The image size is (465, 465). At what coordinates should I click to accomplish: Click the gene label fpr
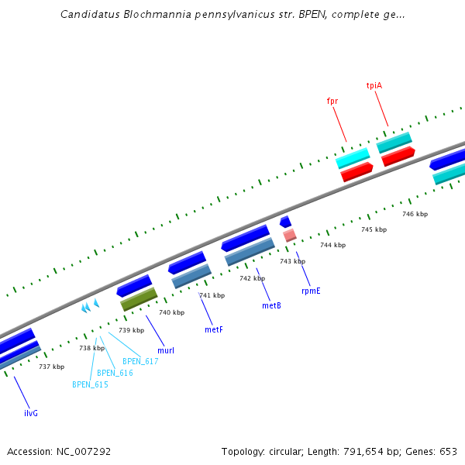pos(332,101)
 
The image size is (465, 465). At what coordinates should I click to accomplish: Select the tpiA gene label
pos(374,85)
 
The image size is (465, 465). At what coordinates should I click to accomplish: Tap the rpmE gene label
pos(311,291)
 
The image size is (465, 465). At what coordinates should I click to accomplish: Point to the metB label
pos(271,305)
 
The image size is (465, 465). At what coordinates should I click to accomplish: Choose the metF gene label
pos(214,329)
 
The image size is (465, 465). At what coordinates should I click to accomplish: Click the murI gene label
pos(166,350)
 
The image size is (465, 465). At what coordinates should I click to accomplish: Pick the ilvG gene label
pos(31,413)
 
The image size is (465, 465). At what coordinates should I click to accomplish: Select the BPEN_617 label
pos(140,361)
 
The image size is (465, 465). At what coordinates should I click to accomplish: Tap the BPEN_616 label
pos(115,373)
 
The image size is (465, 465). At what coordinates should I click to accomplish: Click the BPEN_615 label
pos(90,384)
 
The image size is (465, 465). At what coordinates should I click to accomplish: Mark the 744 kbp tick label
pos(332,245)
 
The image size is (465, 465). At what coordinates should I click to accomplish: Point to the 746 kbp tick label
pos(415,214)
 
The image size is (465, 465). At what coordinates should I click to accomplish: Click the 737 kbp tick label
pos(51,367)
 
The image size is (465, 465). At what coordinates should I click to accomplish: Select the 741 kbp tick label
pos(212,295)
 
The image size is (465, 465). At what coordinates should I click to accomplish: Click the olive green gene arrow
pos(139,299)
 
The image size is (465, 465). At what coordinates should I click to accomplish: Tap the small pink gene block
pos(290,235)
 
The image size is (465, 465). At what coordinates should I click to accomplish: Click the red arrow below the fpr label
pos(357,172)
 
